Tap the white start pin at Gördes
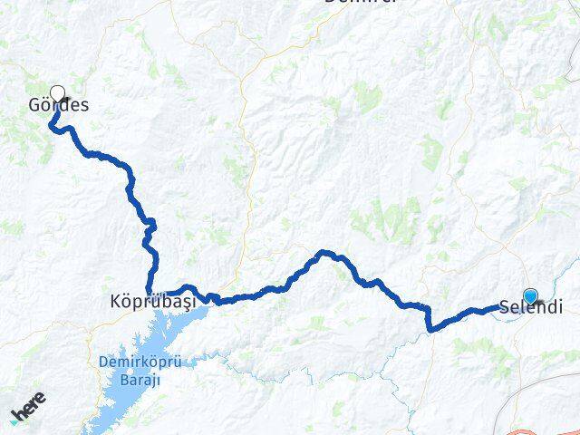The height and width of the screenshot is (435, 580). click(58, 93)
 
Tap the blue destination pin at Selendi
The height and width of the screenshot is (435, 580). click(530, 295)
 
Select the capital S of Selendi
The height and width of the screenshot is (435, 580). click(505, 308)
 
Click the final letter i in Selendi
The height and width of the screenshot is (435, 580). click(558, 308)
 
